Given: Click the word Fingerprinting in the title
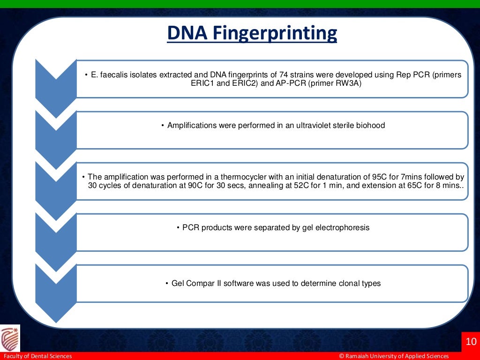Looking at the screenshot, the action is (x=275, y=33).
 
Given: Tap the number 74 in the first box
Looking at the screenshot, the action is (x=283, y=75).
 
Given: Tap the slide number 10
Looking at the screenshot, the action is (x=471, y=341).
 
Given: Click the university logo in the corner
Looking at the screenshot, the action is (x=10, y=338).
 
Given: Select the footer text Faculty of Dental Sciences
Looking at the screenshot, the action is (x=37, y=356).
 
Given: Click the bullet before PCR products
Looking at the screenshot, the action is (x=178, y=228).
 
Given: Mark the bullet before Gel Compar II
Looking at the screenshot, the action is (x=167, y=284).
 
